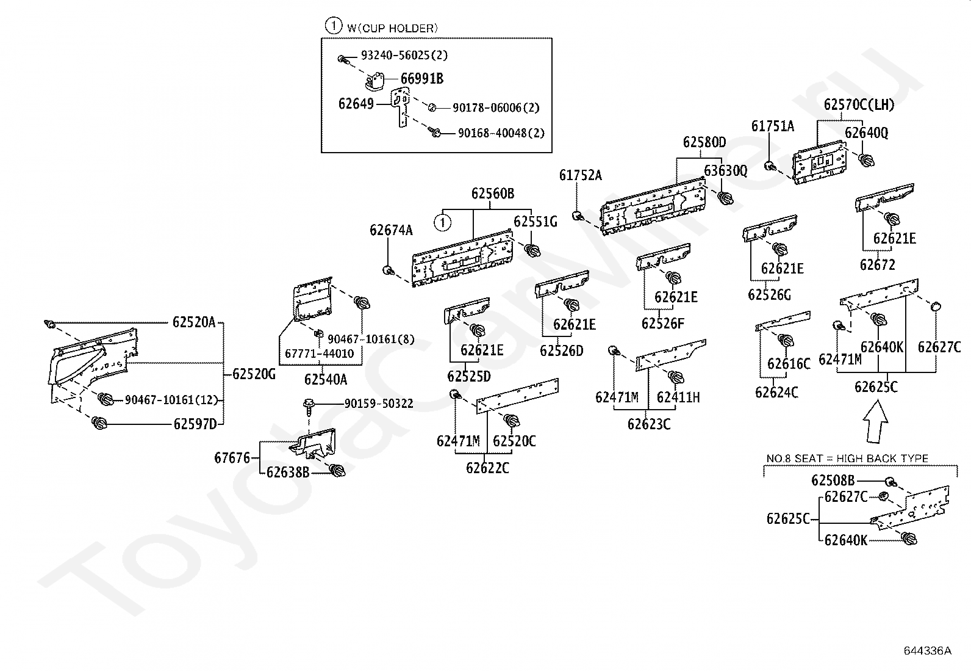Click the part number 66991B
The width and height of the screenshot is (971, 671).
tap(421, 79)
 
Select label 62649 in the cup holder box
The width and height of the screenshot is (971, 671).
tap(356, 104)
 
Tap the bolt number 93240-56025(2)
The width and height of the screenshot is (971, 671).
tap(404, 55)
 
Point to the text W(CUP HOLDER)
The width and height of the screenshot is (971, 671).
tap(392, 28)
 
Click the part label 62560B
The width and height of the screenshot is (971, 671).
tap(492, 194)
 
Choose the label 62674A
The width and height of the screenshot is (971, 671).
tap(391, 230)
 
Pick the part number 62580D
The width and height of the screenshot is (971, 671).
tap(704, 142)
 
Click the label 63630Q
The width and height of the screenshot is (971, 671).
tap(725, 170)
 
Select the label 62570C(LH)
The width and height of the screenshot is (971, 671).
tap(859, 104)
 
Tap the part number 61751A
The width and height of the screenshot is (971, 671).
tap(772, 126)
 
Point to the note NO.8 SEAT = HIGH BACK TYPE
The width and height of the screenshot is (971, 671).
tap(847, 458)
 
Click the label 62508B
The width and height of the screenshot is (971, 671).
tap(833, 481)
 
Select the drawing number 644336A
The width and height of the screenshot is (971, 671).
tap(927, 650)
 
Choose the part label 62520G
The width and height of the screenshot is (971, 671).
tap(254, 374)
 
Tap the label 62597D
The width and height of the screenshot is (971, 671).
tap(195, 423)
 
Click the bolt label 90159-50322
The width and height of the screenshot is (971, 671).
tap(378, 404)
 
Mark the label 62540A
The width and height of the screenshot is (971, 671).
tap(325, 379)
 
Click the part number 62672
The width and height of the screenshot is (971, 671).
tap(877, 264)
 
